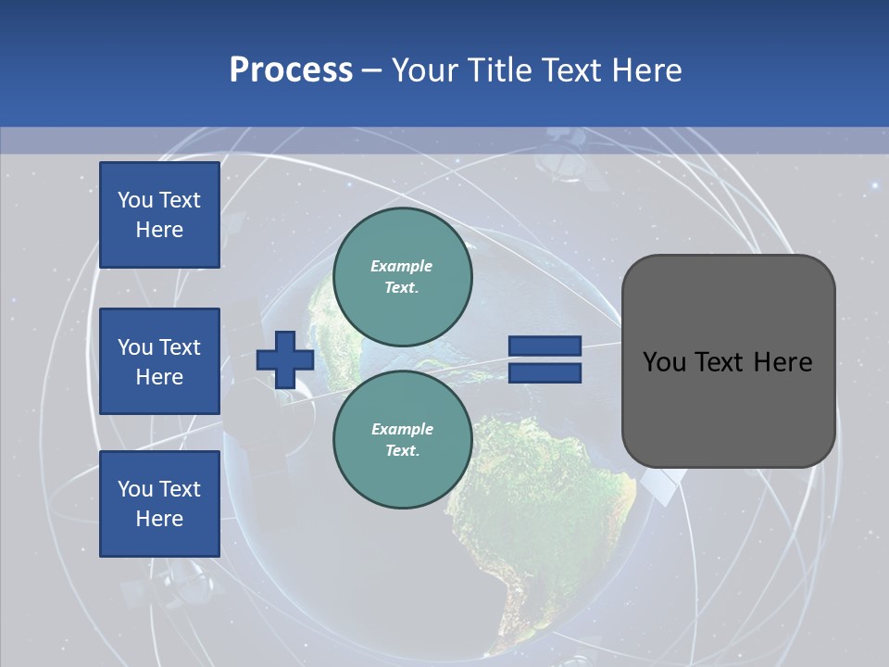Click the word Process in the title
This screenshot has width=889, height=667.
291,70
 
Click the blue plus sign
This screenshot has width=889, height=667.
285,359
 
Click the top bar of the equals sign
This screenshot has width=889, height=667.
545,346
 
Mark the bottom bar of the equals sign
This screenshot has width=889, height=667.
545,372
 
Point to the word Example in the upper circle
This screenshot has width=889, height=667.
402,266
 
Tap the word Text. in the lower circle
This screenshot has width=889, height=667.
402,450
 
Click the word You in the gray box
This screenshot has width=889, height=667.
664,362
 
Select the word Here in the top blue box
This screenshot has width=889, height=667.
159,230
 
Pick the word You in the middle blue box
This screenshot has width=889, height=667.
135,347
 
